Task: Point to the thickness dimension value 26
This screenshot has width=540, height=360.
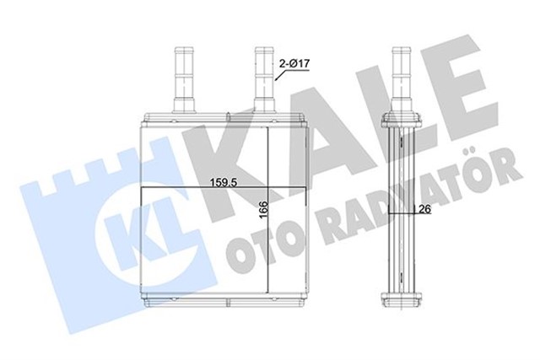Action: pos(425,211)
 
